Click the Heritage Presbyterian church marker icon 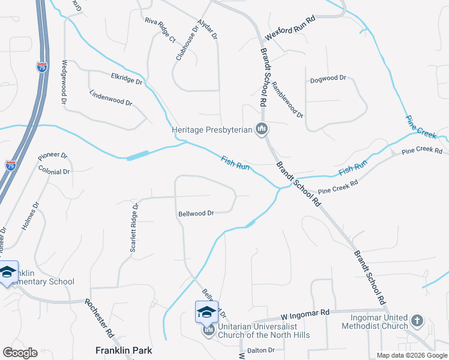point(262,129)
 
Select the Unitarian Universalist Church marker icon point(208,330)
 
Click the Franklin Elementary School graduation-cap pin point(8,272)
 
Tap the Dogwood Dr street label point(328,79)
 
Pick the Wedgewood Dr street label point(64,83)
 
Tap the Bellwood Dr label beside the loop point(196,213)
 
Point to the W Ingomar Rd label point(306,313)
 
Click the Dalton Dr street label point(261,350)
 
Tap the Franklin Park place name point(124,350)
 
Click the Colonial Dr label point(54,172)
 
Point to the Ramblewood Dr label point(288,99)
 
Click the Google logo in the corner point(20,352)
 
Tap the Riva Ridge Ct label point(159,31)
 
